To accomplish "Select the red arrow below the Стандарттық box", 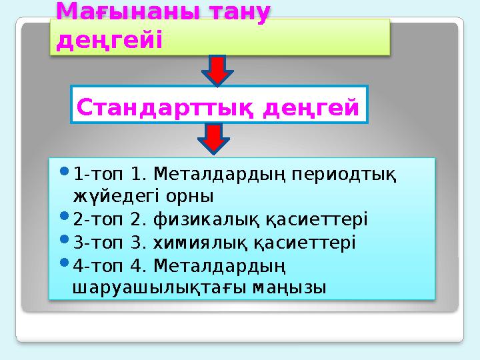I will (x=214, y=139).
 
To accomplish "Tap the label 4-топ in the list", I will (x=93, y=265).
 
